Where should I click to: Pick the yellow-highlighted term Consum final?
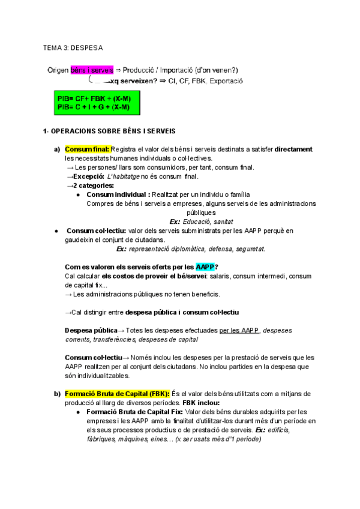86,149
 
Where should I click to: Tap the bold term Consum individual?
118,194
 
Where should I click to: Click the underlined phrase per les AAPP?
240,330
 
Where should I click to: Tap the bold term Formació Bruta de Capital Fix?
135,412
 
